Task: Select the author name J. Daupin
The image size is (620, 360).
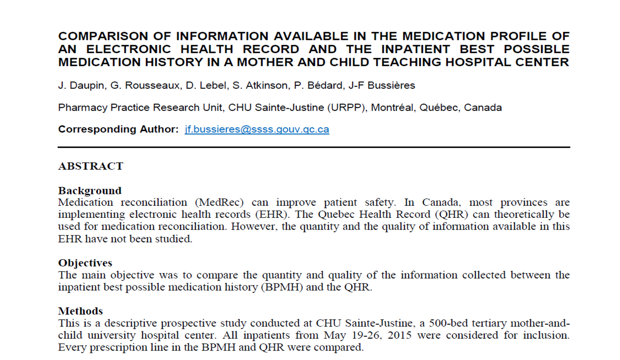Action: click(x=81, y=86)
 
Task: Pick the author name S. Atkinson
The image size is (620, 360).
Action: click(x=260, y=86)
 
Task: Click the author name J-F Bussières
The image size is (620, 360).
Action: click(x=382, y=86)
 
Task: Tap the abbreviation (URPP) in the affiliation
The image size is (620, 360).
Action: click(x=346, y=108)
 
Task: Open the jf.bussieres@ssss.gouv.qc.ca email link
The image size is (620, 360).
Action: click(x=257, y=129)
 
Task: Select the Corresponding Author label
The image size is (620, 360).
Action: click(x=118, y=129)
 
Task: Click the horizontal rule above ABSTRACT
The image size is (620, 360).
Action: click(x=314, y=147)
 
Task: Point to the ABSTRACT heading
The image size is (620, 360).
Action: click(x=91, y=166)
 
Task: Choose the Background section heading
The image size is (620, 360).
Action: click(x=90, y=191)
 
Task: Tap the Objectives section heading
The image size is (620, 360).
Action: click(x=85, y=263)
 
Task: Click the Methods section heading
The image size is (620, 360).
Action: click(x=80, y=311)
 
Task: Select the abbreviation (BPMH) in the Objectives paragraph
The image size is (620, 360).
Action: click(x=282, y=287)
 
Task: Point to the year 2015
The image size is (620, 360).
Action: click(x=399, y=335)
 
